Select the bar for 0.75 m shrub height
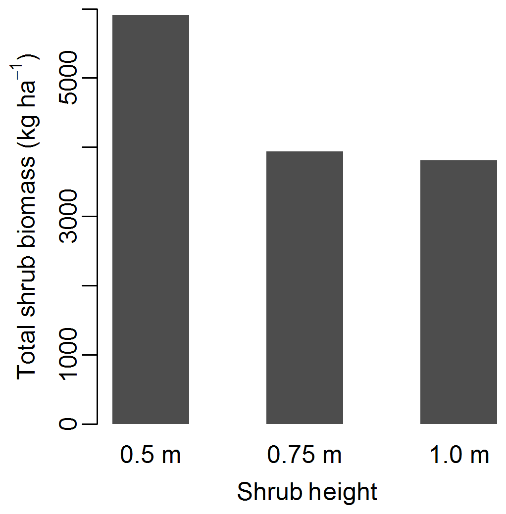304,287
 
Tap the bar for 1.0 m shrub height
458,292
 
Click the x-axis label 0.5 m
151,455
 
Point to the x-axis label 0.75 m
304,455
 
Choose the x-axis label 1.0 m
459,455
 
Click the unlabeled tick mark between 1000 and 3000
90,285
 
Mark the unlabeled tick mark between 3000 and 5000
90,147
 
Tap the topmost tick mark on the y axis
90,9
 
